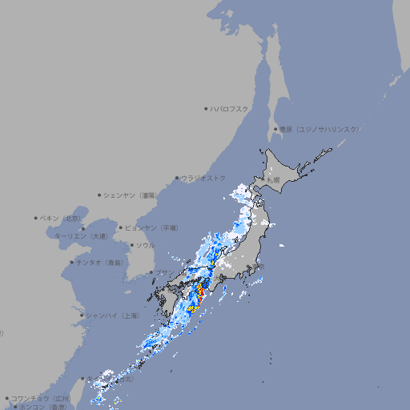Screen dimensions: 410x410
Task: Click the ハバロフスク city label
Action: tap(230, 108)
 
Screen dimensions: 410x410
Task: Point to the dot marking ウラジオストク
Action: tap(177, 178)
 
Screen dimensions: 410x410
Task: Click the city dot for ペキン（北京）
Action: tap(36, 218)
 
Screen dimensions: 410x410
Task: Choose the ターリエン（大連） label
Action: tap(81, 236)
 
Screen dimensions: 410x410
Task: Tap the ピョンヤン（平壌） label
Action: tap(151, 227)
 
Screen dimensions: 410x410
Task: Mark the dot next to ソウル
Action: tap(131, 245)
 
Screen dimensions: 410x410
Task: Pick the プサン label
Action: tap(162, 273)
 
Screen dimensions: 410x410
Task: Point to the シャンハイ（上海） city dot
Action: tap(81, 316)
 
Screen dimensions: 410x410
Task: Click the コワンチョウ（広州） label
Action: tap(41, 398)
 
